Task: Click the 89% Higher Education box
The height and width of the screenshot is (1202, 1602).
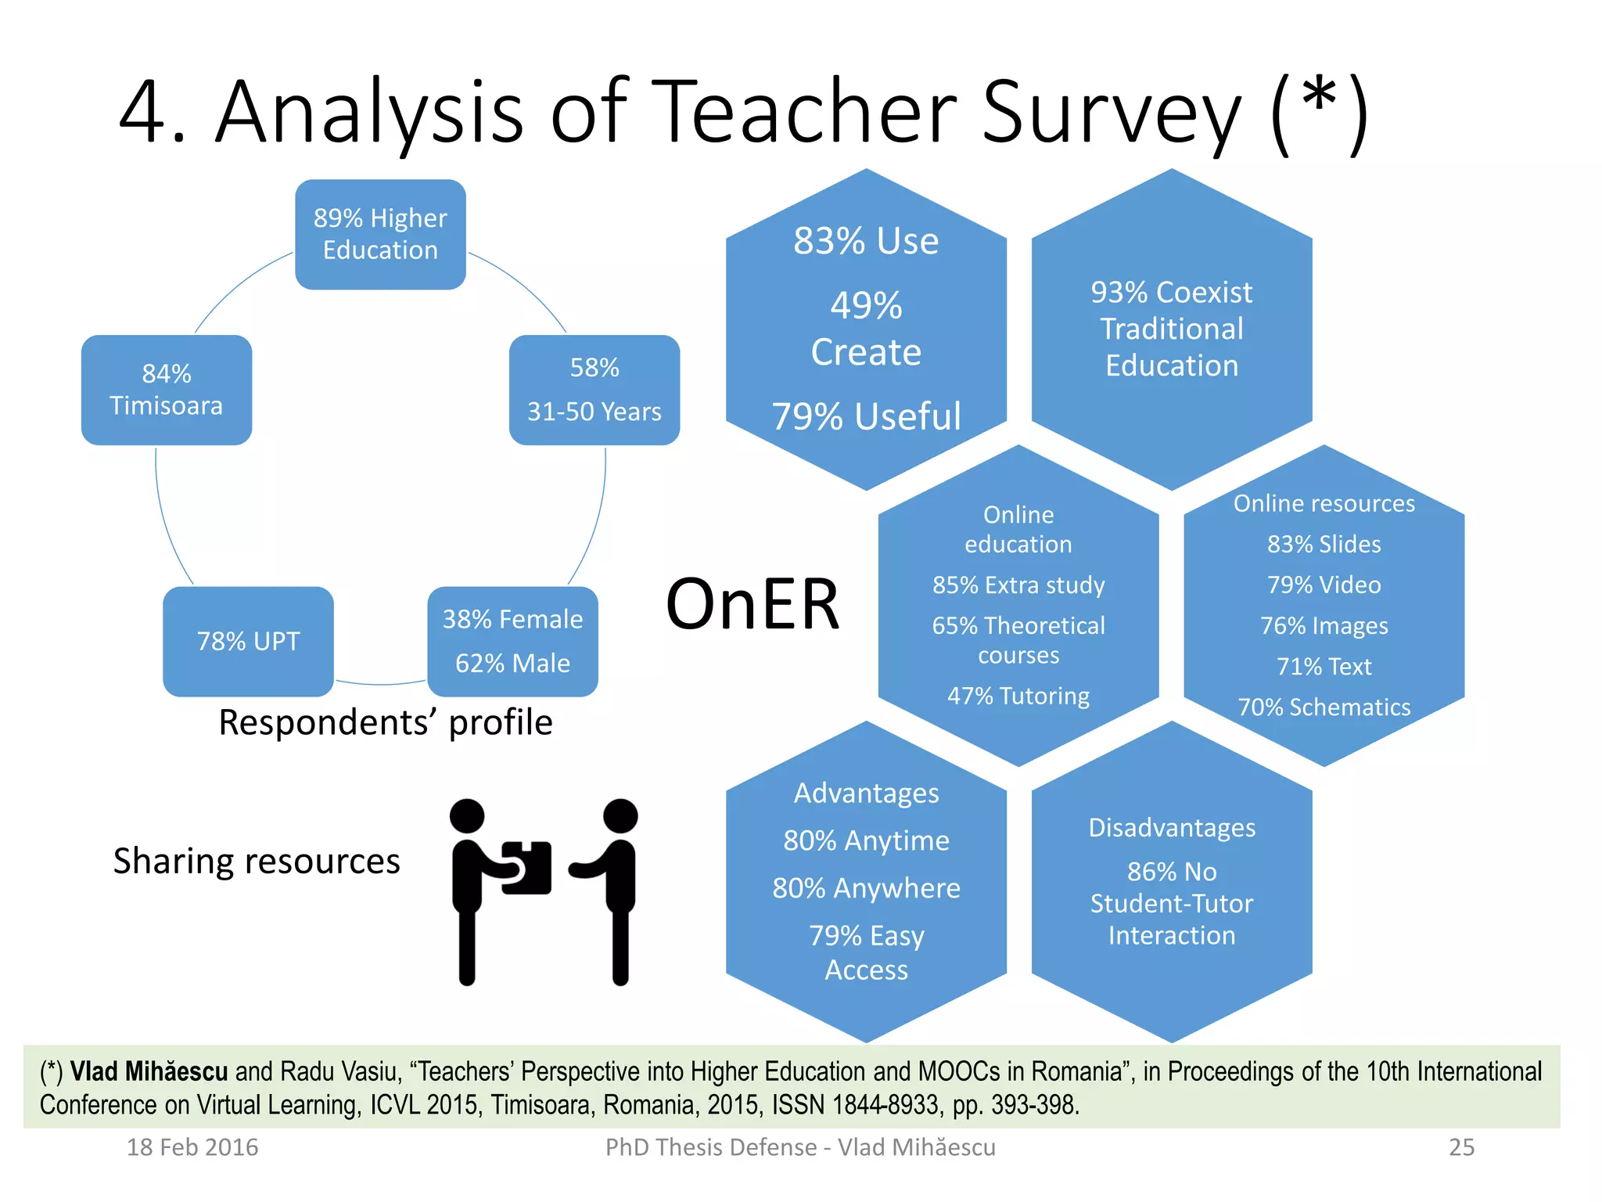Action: (x=380, y=234)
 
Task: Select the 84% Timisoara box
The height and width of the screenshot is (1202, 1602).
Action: (x=167, y=390)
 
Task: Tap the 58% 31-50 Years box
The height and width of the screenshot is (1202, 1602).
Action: (x=594, y=390)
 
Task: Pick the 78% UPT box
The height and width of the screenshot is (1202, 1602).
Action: (x=248, y=641)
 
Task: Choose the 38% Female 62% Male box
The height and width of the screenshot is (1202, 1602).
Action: (x=512, y=641)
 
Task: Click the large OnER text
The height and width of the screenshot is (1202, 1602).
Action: (x=753, y=603)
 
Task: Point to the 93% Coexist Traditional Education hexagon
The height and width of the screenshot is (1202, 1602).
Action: (x=1171, y=329)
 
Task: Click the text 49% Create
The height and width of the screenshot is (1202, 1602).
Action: (x=866, y=329)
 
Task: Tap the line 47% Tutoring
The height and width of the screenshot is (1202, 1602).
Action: (x=1018, y=696)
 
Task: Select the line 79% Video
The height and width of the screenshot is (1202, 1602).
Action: (x=1324, y=585)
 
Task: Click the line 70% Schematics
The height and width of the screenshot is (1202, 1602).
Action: (x=1324, y=707)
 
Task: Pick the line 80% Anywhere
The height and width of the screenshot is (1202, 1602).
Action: (x=866, y=888)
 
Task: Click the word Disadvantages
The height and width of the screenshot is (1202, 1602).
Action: (x=1171, y=827)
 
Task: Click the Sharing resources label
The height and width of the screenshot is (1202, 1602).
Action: (x=257, y=861)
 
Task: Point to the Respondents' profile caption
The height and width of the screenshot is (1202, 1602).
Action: (x=385, y=722)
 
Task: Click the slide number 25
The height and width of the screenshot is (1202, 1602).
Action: (x=1461, y=1147)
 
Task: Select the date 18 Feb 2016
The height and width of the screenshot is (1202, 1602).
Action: (x=192, y=1147)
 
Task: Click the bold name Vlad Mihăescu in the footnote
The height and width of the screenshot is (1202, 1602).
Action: (x=149, y=1071)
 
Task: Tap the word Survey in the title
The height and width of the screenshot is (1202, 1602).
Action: (x=1111, y=113)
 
